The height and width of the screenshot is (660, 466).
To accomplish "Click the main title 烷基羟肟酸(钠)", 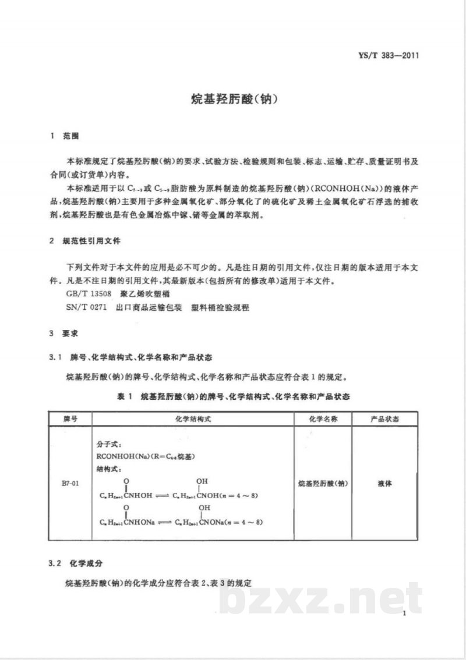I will pos(233,99).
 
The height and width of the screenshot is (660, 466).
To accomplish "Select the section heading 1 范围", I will pos(65,137).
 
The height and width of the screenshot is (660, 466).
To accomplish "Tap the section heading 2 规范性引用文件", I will pos(86,240).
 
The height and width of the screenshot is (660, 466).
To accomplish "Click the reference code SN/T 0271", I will pos(87,307).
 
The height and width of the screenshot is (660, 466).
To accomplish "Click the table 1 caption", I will pos(233,396).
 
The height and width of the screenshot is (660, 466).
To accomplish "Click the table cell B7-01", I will pos(69,483).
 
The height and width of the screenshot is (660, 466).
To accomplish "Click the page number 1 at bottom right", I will pos(404,613).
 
